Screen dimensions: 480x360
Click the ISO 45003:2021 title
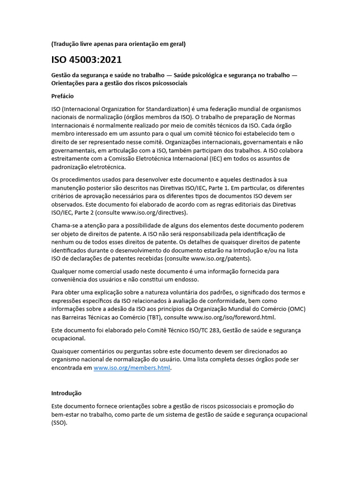pyautogui.click(x=87, y=60)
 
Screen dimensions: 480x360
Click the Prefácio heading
pyautogui.click(x=62, y=96)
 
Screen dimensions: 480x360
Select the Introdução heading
pyautogui.click(x=66, y=393)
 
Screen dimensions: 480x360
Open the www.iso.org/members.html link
pyautogui.click(x=132, y=368)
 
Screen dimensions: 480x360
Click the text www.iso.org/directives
pyautogui.click(x=146, y=213)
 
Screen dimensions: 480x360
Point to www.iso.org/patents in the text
pyautogui.click(x=220, y=259)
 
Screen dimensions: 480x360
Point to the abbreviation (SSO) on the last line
pyautogui.click(x=59, y=423)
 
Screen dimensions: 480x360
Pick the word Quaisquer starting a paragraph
pyautogui.click(x=67, y=351)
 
